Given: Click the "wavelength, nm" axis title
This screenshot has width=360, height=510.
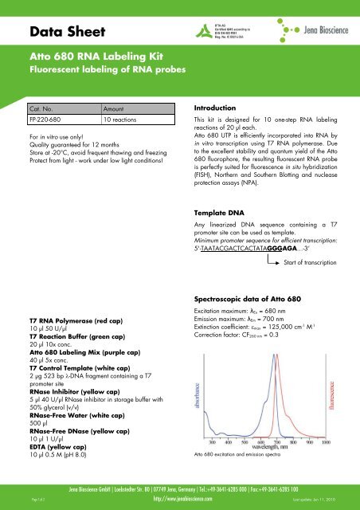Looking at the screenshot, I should [x=266, y=446].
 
